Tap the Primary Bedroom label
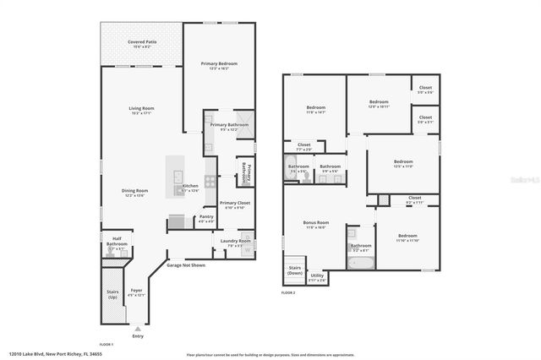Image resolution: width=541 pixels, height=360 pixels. [x=219, y=65]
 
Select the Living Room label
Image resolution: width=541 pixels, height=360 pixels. [x=140, y=110]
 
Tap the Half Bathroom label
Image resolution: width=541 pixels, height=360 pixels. [x=117, y=246]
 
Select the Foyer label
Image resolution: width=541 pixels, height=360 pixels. [x=136, y=292]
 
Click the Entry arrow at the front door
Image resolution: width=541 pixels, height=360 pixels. [x=138, y=327]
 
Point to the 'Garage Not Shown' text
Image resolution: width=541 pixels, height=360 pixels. [x=186, y=265]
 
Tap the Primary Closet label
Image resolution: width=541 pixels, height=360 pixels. [x=234, y=205]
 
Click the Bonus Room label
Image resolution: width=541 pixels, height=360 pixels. [x=316, y=225]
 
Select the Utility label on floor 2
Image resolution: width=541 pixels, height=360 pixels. [x=317, y=276]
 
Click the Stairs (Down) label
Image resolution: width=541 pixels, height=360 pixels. [x=295, y=270]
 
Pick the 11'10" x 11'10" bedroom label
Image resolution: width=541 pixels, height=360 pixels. [x=407, y=238]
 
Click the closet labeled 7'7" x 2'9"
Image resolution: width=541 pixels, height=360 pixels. [x=303, y=146]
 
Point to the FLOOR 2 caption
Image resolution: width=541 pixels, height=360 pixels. [x=288, y=292]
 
